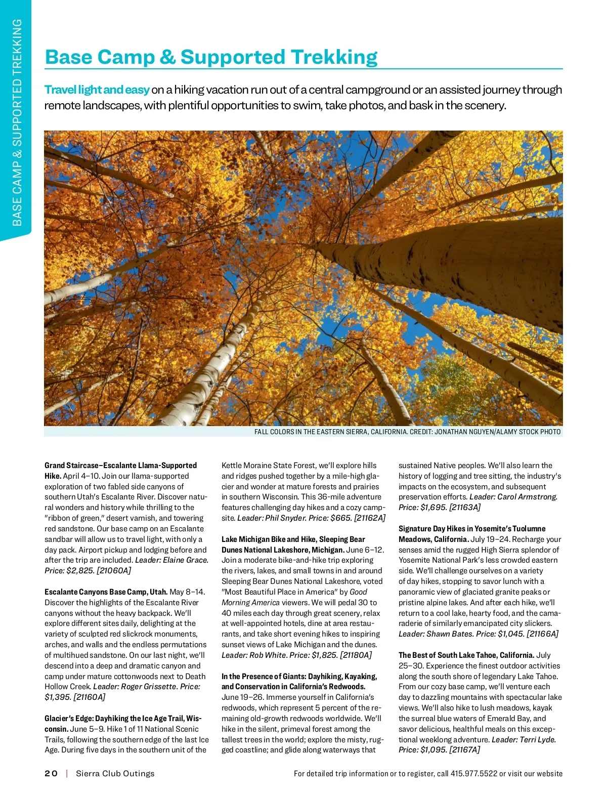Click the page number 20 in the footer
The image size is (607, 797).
[x=51, y=773]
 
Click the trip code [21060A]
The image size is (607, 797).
[x=114, y=570]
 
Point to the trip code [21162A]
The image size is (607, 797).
[x=370, y=518]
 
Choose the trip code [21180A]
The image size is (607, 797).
[x=356, y=655]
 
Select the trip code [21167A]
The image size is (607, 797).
[x=465, y=749]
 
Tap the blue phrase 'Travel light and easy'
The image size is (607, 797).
[x=97, y=90]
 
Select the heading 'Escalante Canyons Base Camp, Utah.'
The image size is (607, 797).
[x=106, y=592]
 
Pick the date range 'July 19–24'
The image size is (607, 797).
[x=490, y=539]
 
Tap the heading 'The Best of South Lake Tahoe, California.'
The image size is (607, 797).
[x=466, y=655]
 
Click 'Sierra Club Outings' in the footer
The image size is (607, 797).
[x=115, y=773]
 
